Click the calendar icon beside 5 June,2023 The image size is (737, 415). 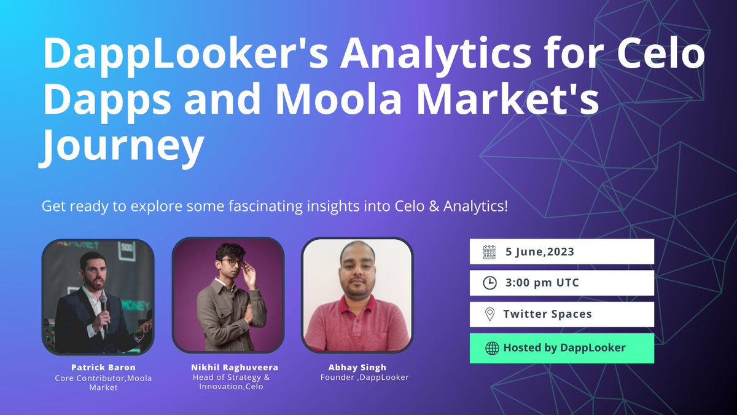(x=489, y=252)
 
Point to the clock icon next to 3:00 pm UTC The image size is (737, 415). (x=489, y=283)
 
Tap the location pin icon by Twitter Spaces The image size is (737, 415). (x=489, y=314)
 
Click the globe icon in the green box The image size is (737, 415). (x=491, y=348)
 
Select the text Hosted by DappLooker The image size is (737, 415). (x=564, y=348)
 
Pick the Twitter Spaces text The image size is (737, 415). (x=547, y=314)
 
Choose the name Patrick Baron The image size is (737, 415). (x=95, y=368)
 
